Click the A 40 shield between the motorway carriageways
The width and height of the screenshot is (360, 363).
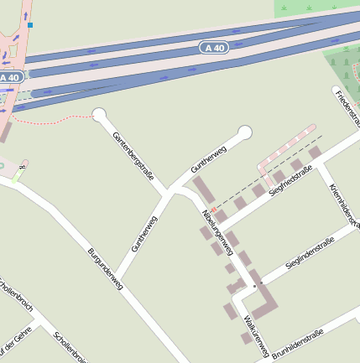[x=214, y=48]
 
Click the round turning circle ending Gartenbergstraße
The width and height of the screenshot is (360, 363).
[x=99, y=115]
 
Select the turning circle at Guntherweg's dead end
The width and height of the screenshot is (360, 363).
[x=245, y=132]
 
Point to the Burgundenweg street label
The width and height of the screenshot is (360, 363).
[x=105, y=268]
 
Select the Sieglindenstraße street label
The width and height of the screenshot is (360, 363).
[x=309, y=252]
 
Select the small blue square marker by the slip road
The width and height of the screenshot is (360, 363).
[x=30, y=25]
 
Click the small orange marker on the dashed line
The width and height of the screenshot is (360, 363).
[x=214, y=209]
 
